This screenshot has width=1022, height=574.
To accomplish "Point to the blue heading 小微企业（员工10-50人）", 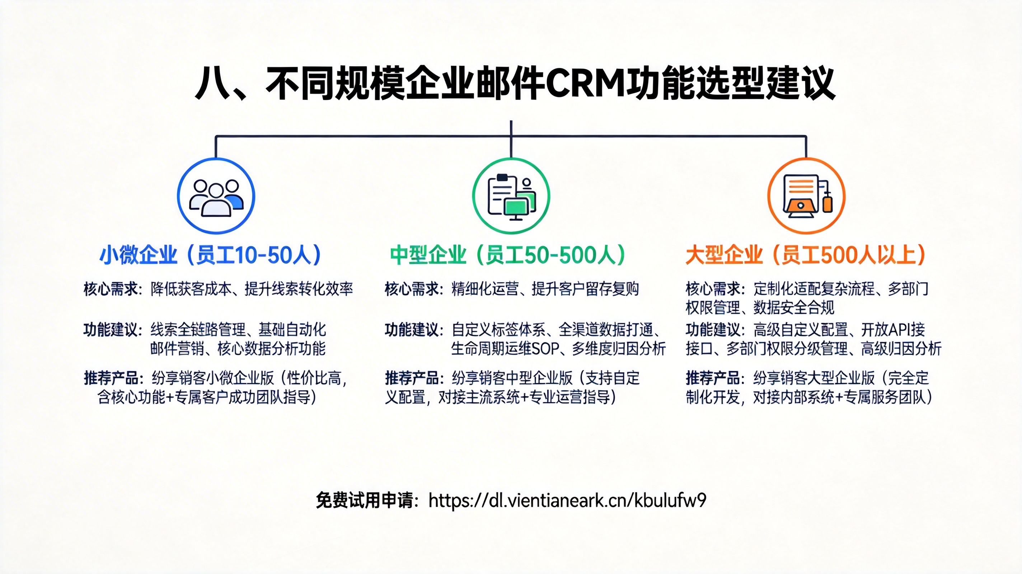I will click(x=210, y=255).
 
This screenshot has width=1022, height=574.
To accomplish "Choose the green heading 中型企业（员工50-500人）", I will click(x=508, y=255).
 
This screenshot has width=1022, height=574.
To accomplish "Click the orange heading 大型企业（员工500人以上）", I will click(x=805, y=255).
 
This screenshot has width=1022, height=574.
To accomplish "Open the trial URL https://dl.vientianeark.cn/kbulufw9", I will click(x=567, y=500).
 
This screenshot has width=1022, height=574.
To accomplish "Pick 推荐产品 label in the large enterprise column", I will click(x=713, y=378).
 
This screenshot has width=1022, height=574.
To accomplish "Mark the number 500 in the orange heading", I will click(x=835, y=255).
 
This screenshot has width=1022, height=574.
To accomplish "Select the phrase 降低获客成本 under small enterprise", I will click(x=191, y=289).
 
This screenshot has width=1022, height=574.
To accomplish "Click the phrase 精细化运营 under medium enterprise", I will click(x=485, y=289).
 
